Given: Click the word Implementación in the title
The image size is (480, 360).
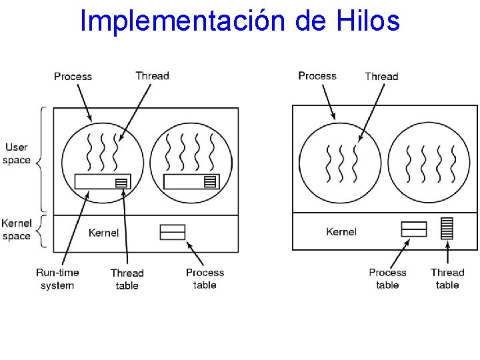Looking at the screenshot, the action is pos(183,21).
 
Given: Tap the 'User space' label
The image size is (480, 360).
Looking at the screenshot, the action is pos(17,153).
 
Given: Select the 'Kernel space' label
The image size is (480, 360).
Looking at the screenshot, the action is pos(17,229).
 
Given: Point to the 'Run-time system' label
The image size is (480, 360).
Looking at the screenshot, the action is pos(57,279).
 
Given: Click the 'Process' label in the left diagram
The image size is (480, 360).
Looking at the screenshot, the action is pos(73,76).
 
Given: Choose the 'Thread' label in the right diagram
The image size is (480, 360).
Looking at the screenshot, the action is pos(381,76).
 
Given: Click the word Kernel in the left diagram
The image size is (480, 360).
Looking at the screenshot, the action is pos(103,233).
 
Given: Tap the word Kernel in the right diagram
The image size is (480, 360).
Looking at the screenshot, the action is pos(341,231).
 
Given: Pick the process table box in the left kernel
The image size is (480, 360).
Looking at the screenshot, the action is pos(173,232).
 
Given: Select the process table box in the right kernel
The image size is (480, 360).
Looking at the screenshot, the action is pos(413,229).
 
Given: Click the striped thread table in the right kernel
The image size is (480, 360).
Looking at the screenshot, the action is pos(447,228).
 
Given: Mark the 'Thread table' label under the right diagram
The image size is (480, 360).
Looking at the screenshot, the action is pos(447,279).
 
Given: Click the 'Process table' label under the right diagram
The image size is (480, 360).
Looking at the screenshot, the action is pos(387,279).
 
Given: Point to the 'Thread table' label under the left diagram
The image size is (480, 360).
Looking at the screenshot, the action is pos(127,279).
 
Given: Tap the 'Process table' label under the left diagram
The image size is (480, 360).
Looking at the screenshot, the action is pos(205,279).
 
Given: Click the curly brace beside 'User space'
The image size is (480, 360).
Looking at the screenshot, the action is pos(41,160).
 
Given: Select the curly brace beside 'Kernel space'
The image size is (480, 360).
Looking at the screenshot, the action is pos(41,231).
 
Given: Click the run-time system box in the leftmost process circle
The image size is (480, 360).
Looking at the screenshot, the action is pos(97,181).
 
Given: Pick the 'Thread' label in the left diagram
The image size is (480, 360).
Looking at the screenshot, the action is pos(152,75).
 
